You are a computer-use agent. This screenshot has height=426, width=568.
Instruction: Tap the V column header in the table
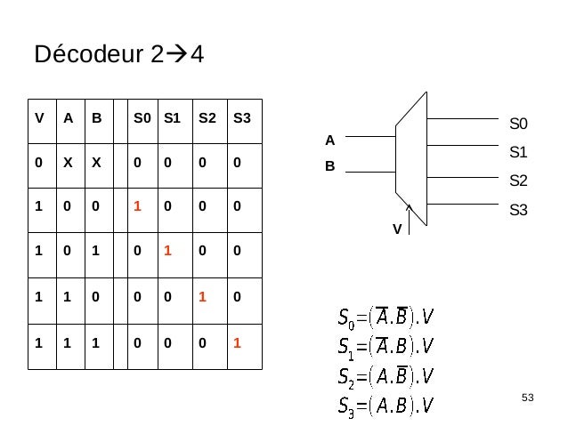(38, 117)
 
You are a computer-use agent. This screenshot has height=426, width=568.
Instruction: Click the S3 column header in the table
(240, 117)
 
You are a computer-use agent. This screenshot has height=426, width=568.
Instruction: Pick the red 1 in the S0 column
(138, 205)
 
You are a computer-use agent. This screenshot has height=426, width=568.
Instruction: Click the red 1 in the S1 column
(166, 250)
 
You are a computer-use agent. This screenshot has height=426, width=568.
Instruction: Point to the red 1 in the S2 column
(201, 294)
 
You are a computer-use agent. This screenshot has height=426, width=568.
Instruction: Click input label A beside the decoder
(329, 140)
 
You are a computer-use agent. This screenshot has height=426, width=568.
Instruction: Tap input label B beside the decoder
(329, 165)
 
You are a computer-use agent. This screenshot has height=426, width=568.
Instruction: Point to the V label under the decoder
(398, 229)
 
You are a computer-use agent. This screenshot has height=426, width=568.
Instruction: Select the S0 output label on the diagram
(518, 123)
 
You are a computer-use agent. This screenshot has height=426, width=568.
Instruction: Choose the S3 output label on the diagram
(518, 210)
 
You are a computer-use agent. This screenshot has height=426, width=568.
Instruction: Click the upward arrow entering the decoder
(409, 219)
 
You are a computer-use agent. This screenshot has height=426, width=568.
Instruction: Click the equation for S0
(385, 316)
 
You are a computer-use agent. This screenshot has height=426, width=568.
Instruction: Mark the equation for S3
(385, 406)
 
